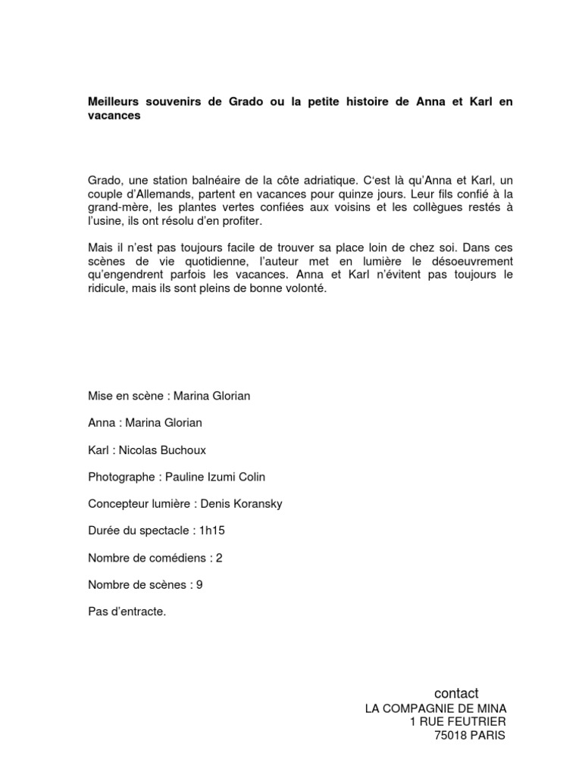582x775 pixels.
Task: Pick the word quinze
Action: [377, 194]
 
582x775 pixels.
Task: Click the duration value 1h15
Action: [211, 531]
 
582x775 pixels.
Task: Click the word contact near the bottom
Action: [456, 693]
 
